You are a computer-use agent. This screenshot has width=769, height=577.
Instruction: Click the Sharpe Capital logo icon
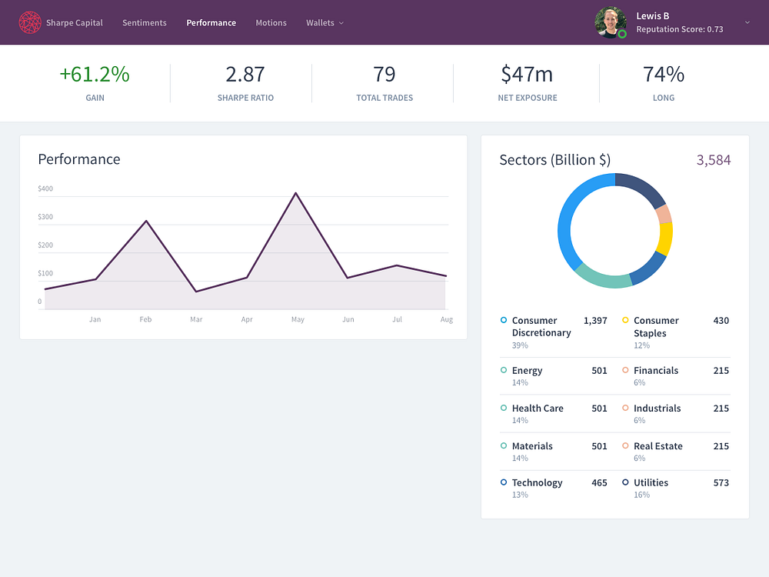pyautogui.click(x=30, y=22)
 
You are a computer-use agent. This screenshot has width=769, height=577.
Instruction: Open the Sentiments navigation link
pyautogui.click(x=145, y=22)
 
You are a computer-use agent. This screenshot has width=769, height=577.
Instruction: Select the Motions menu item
pyautogui.click(x=271, y=22)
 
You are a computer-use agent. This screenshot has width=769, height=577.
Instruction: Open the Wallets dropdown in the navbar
pyautogui.click(x=325, y=22)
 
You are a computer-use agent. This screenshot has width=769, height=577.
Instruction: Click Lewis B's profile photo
pyautogui.click(x=610, y=22)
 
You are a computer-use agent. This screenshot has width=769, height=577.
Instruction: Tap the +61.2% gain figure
pyautogui.click(x=95, y=74)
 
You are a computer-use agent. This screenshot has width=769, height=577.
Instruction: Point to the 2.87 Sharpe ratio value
pyautogui.click(x=245, y=74)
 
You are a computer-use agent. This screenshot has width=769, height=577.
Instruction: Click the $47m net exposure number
pyautogui.click(x=527, y=74)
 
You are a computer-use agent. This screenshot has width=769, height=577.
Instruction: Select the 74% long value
pyautogui.click(x=664, y=74)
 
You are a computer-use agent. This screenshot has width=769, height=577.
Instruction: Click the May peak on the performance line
pyautogui.click(x=296, y=193)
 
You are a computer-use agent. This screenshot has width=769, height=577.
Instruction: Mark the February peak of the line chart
pyautogui.click(x=146, y=222)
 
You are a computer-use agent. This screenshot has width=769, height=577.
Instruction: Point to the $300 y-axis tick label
pyautogui.click(x=45, y=217)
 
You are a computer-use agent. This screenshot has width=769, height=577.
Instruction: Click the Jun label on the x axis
pyautogui.click(x=348, y=319)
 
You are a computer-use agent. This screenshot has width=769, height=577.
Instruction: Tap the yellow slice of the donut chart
pyautogui.click(x=665, y=239)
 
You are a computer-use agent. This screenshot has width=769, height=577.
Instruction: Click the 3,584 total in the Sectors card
pyautogui.click(x=714, y=160)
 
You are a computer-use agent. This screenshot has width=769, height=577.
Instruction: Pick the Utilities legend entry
pyautogui.click(x=651, y=483)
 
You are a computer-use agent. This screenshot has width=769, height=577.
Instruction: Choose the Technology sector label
pyautogui.click(x=537, y=483)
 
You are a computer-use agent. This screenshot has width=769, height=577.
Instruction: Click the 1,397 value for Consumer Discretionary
pyautogui.click(x=595, y=321)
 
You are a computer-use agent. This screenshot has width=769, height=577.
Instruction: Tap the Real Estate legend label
pyautogui.click(x=658, y=446)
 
